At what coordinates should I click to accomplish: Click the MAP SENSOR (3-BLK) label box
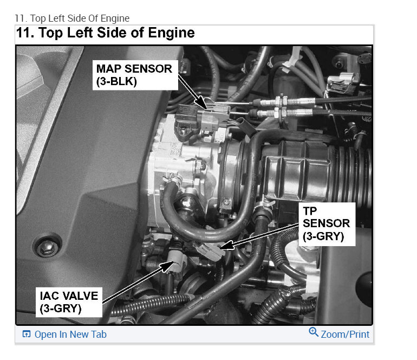[x=135, y=75]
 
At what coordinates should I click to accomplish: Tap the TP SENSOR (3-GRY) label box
[x=327, y=224]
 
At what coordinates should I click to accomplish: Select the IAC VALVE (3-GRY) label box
[x=69, y=302]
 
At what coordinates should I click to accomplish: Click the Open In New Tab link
[x=70, y=335]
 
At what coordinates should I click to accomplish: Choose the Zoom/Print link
[x=345, y=335]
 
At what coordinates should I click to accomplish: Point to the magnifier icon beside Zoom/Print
[x=314, y=332]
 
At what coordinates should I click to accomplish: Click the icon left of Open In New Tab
[x=27, y=334]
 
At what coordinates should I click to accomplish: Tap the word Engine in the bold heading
[x=171, y=34]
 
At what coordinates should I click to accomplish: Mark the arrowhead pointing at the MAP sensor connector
[x=201, y=104]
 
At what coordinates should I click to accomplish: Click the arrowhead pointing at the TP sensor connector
[x=226, y=245]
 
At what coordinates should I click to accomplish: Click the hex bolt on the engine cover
[x=47, y=248]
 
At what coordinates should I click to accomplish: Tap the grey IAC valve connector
[x=177, y=260]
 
